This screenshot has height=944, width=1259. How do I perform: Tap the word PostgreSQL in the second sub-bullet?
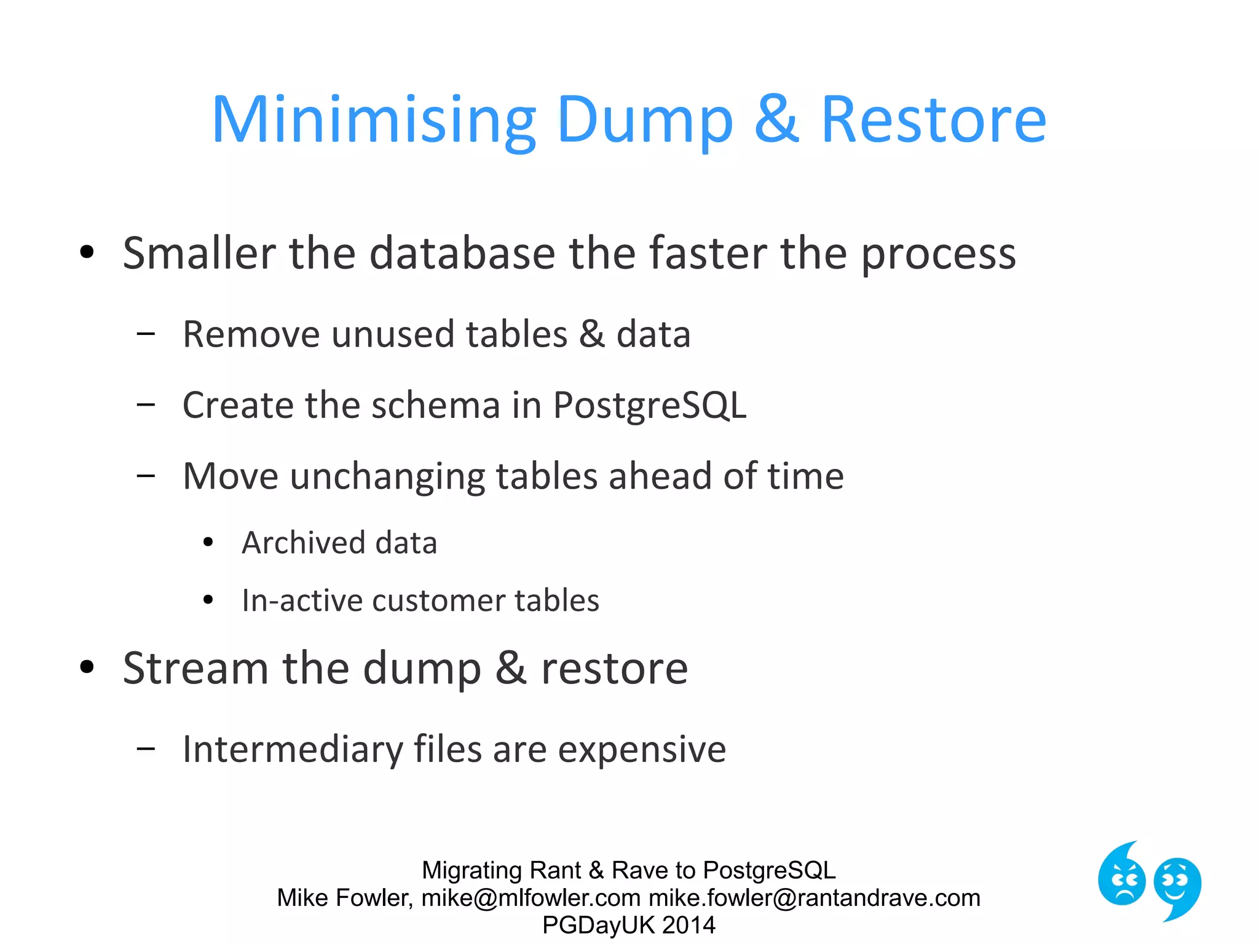[649, 406]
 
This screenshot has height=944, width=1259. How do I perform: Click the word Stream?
[195, 669]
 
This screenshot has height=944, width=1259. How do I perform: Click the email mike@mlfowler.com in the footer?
[531, 898]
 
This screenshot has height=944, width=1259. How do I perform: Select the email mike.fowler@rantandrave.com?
[815, 898]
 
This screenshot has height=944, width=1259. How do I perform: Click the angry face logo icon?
[1122, 878]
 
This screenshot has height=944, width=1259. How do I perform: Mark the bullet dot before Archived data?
[208, 543]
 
